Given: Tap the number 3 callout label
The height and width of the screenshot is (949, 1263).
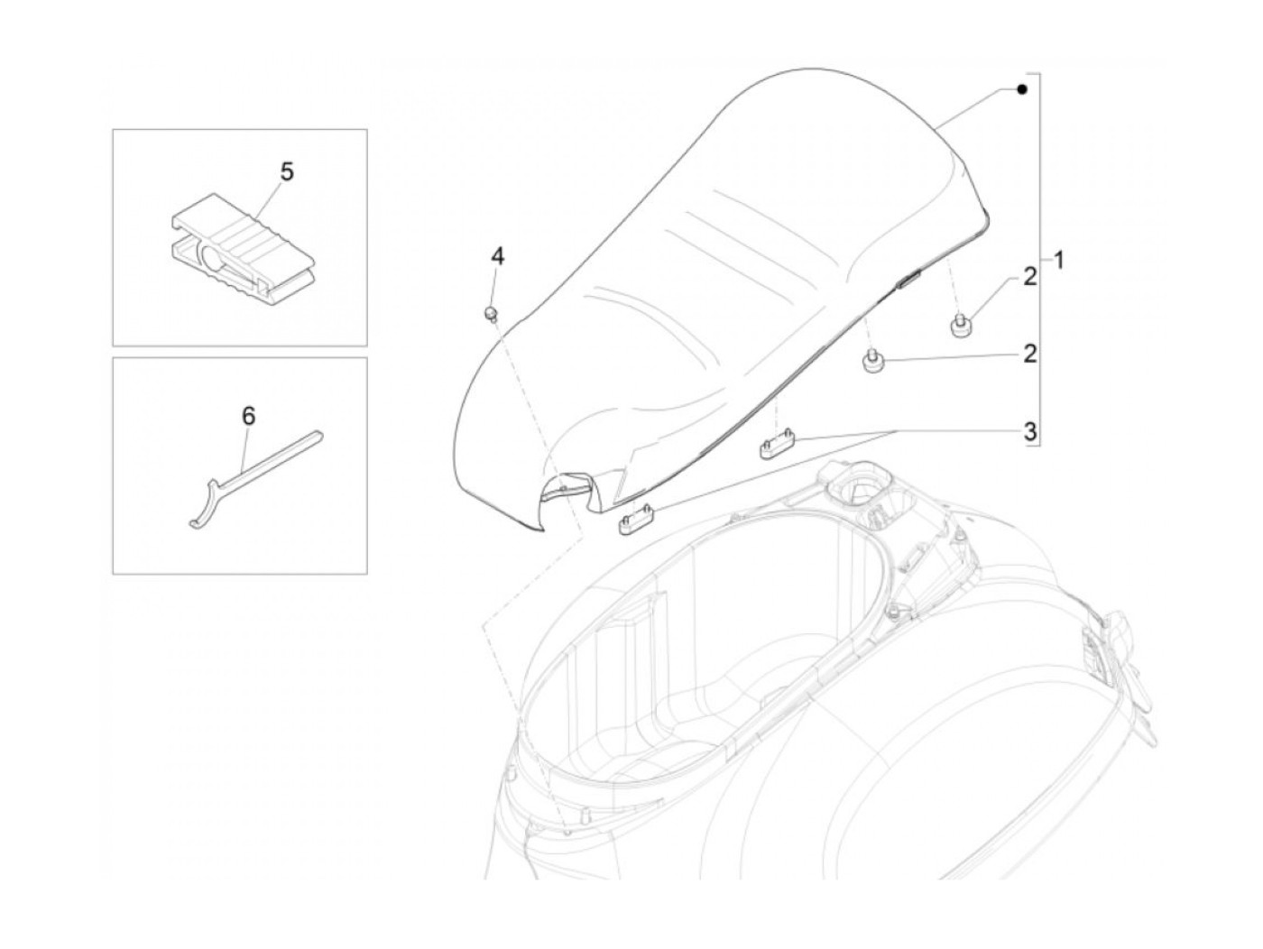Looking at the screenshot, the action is (1029, 430).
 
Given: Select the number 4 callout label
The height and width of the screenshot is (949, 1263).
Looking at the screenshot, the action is (497, 256).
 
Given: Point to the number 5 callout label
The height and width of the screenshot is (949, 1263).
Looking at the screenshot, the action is (287, 171).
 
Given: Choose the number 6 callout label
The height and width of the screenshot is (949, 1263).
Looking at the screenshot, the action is (248, 416).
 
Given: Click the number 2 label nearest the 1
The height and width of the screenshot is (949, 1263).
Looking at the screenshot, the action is (1029, 279).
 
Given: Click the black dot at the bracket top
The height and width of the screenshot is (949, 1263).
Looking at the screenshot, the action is (1021, 89).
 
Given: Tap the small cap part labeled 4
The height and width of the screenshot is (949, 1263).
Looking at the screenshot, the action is (492, 313).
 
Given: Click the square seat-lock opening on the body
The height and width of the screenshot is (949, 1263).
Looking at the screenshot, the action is (850, 493).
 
